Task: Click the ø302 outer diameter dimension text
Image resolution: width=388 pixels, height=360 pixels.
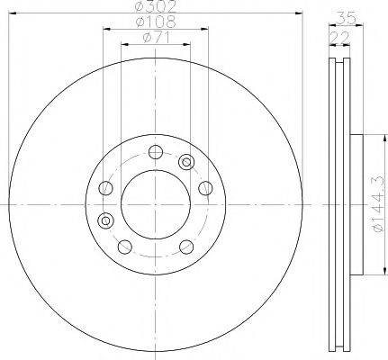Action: tap(155, 8)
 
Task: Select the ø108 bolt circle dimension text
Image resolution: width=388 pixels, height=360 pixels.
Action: tap(155, 22)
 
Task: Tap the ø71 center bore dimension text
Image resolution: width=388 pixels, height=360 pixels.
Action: tap(155, 37)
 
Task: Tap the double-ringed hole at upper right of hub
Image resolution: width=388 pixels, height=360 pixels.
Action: tap(186, 162)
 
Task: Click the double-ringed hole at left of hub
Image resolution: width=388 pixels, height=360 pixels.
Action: tap(107, 220)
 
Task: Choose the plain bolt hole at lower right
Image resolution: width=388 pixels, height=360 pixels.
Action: tap(185, 247)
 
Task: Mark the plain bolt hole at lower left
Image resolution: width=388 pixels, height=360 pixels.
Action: tap(122, 247)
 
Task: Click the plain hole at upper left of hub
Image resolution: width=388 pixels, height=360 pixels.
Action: tap(107, 188)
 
